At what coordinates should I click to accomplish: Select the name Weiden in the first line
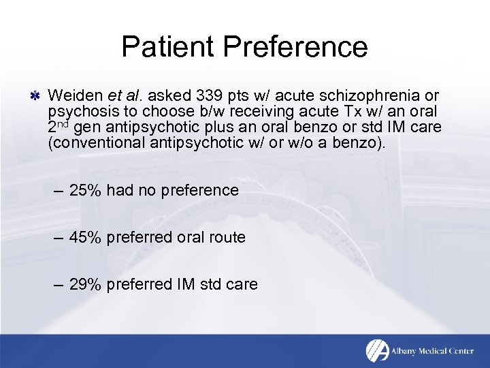76,95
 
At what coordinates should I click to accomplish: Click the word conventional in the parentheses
96,142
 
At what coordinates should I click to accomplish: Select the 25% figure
84,190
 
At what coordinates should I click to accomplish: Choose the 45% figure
84,237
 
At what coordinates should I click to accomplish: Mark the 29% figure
84,284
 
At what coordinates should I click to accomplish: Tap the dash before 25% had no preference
59,190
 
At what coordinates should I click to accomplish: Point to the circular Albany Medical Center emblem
378,350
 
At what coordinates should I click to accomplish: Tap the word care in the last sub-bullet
242,284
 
